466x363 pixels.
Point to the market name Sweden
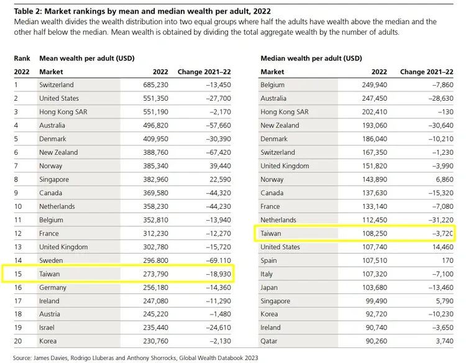[x=51, y=260]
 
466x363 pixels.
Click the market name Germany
[x=53, y=287]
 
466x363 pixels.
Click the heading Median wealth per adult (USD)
[x=311, y=58]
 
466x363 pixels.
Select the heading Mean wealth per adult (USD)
[x=87, y=58]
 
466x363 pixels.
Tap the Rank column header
[x=22, y=58]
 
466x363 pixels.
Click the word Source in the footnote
[x=24, y=358]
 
